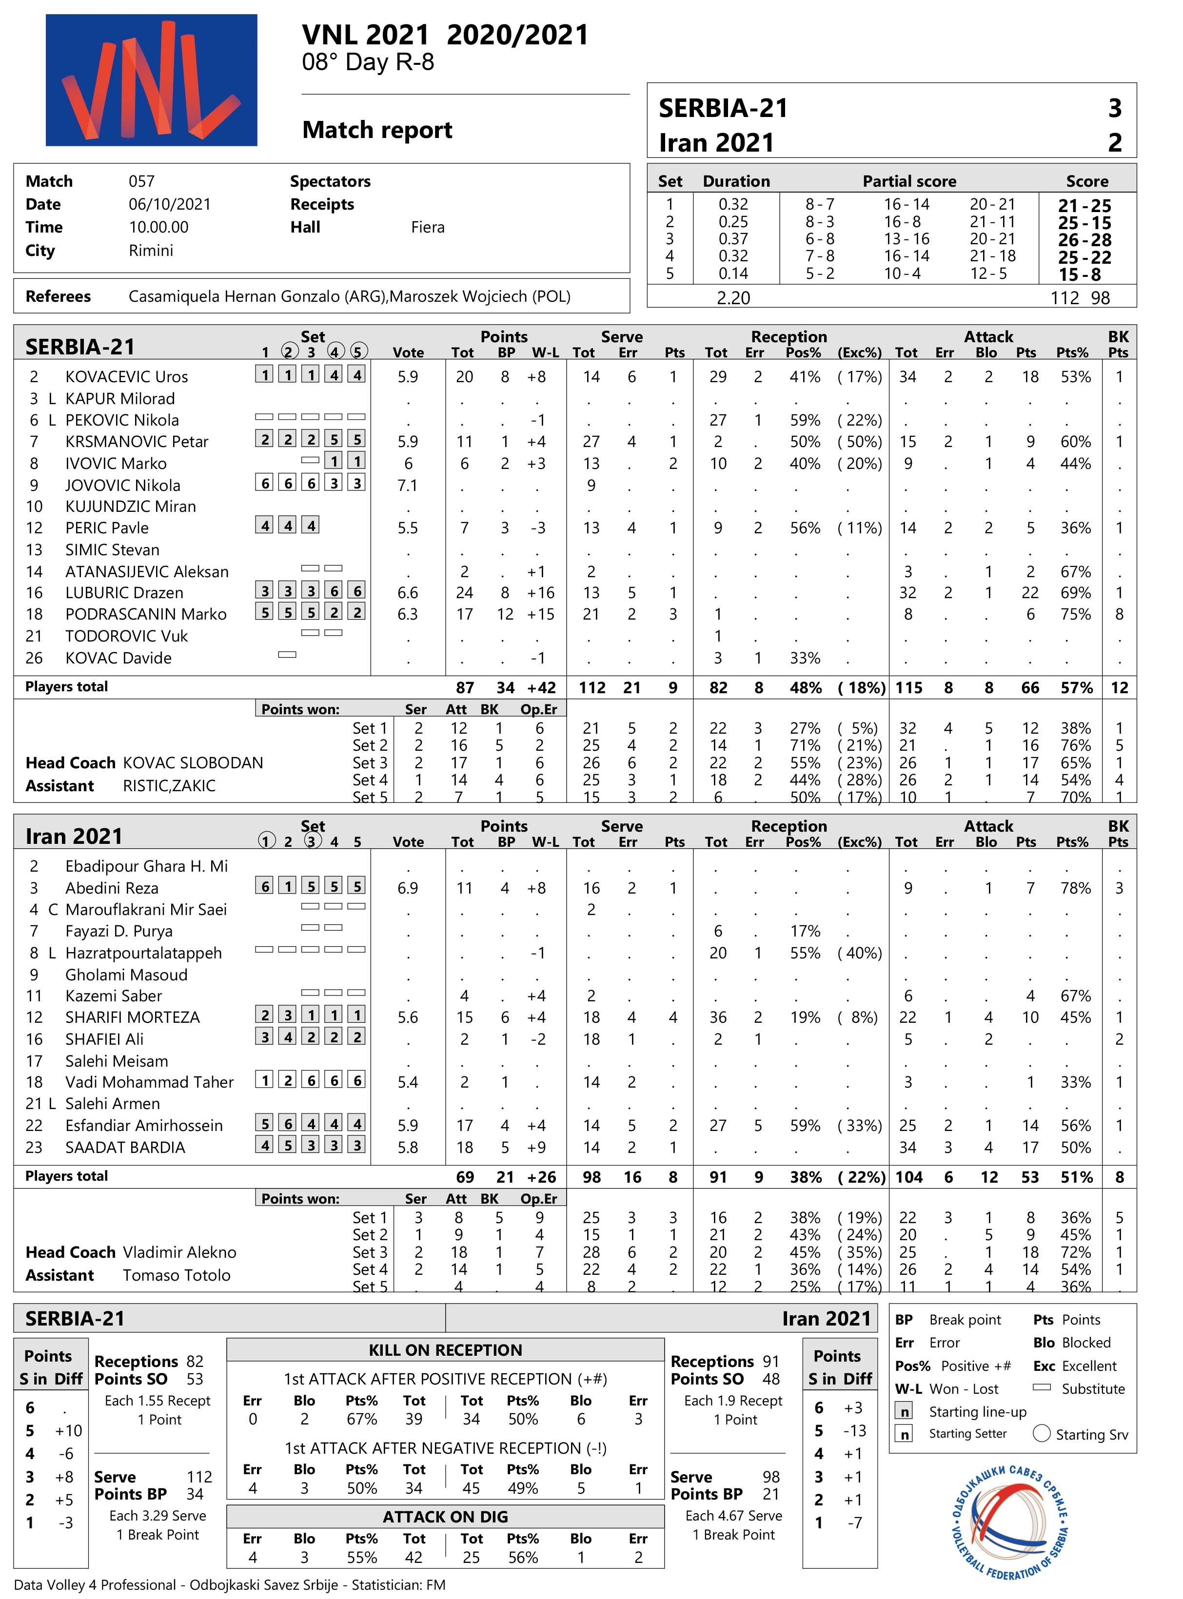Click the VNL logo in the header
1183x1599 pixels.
pyautogui.click(x=151, y=80)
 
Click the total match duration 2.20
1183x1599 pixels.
pyautogui.click(x=733, y=298)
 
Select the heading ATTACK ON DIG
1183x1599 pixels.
pyautogui.click(x=445, y=1517)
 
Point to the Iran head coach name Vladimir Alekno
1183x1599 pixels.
pyautogui.click(x=179, y=1252)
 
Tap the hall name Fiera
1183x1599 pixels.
pyautogui.click(x=428, y=228)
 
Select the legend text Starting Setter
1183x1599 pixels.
pyautogui.click(x=967, y=1434)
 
